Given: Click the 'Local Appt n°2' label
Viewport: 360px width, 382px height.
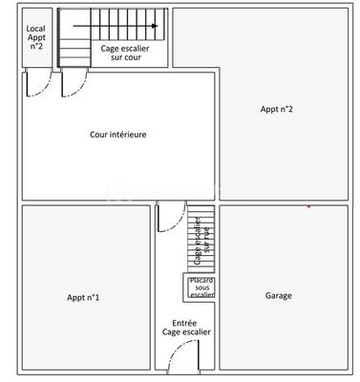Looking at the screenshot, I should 35,37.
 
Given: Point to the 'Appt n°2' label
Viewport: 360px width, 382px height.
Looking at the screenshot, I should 276,109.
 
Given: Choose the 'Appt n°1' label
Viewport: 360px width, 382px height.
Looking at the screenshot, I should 84,298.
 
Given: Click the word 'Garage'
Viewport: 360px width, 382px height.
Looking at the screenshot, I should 278,296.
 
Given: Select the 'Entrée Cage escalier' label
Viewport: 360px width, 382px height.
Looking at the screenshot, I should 191,328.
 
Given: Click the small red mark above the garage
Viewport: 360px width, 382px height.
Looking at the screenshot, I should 308,205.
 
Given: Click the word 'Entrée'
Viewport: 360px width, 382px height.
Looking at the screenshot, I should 185,323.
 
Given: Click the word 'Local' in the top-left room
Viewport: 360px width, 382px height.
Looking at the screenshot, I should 35,28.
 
